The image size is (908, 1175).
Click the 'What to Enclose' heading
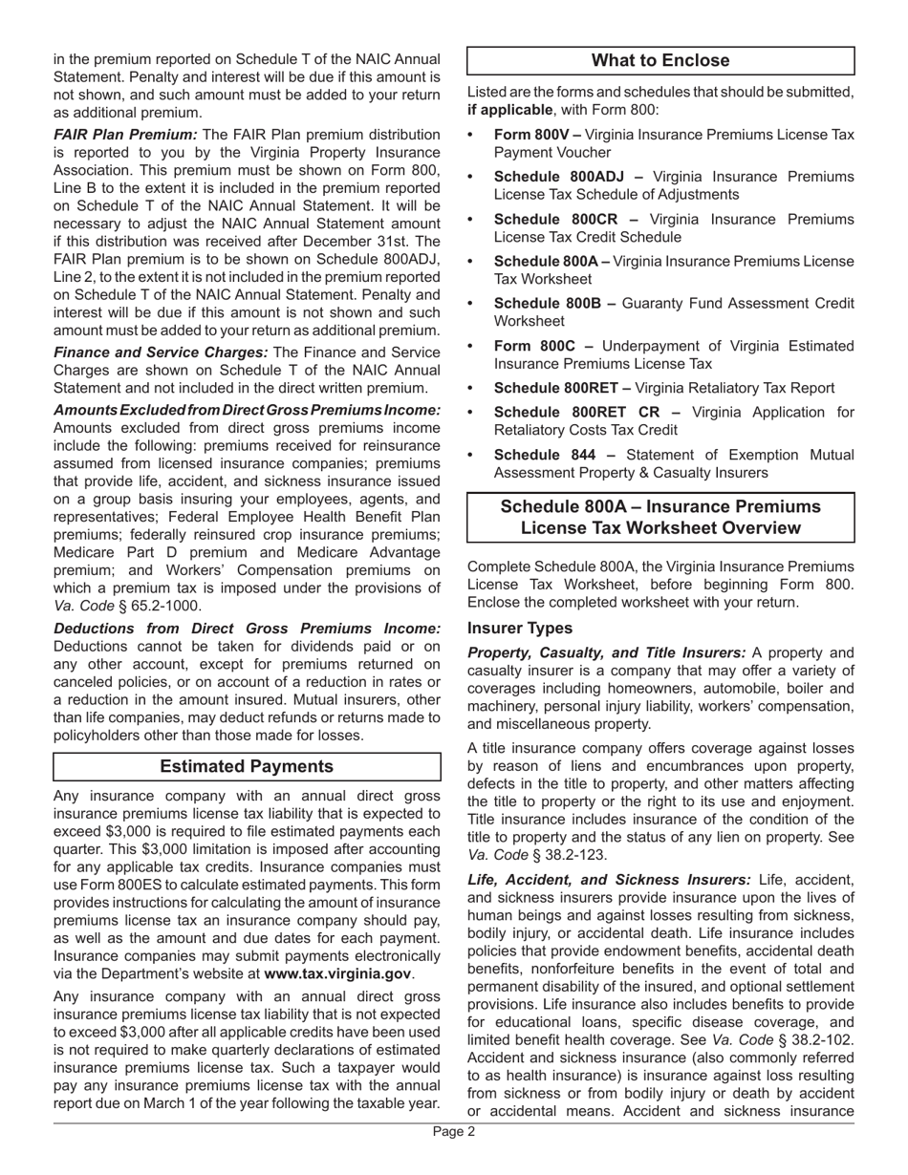coord(660,61)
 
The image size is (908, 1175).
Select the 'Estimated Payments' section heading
coord(247,767)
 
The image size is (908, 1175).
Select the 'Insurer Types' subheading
coord(520,628)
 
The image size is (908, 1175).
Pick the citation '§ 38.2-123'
coord(568,855)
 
